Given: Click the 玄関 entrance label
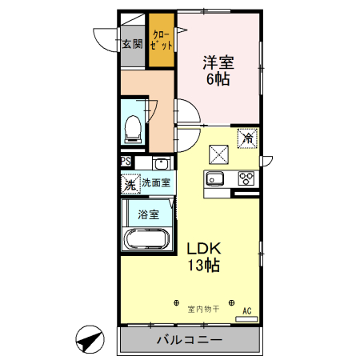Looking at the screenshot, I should point(133,45).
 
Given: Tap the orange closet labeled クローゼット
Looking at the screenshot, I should point(162,42).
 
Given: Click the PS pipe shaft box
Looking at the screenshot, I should point(126,162).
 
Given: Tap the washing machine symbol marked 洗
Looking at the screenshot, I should point(130,183).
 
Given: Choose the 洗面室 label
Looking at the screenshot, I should point(155,183).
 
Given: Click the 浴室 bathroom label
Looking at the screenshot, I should point(147,214).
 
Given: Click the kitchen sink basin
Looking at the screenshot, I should point(216,178).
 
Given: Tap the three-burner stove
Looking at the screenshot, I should point(246,178).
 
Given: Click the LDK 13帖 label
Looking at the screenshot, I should point(204,256).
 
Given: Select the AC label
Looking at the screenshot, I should point(246,310).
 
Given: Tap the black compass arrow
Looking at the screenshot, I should point(90,341).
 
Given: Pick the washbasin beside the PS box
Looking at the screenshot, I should point(146,163).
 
